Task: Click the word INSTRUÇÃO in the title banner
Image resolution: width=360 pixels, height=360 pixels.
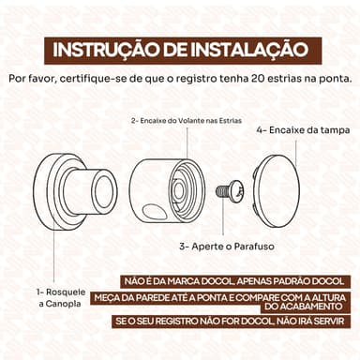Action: [106, 50]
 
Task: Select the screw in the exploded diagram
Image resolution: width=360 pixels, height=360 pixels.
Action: [230, 190]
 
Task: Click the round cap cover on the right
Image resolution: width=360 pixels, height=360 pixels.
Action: [277, 191]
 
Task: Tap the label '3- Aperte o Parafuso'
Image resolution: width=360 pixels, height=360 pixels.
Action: [227, 247]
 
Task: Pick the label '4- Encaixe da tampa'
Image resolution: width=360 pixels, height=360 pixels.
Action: [303, 130]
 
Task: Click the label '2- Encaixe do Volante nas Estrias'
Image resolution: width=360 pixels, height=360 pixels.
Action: [187, 121]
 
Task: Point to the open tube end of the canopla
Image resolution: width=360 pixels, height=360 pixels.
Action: [104, 190]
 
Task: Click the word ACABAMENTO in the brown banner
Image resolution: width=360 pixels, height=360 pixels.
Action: [304, 307]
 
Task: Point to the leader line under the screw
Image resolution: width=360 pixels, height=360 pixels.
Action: [223, 217]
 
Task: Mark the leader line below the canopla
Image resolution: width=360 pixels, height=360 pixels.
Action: [53, 253]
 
